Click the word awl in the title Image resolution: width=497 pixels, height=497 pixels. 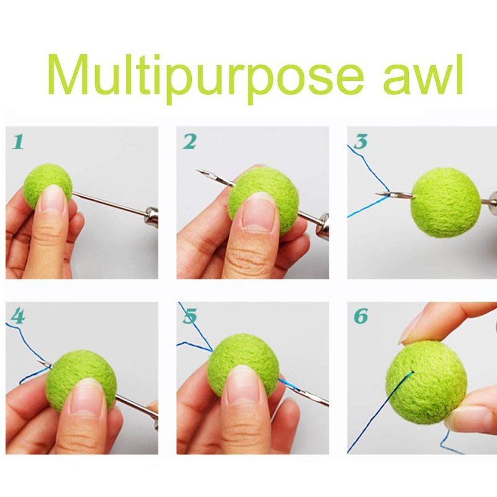pos(423,75)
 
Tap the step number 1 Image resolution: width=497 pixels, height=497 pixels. pos(18,142)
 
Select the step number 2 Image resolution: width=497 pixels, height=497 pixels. pos(189,142)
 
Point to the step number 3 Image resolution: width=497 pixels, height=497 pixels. pos(361,142)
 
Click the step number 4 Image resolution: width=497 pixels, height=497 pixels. pos(18,316)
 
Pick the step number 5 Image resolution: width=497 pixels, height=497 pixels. pos(189,316)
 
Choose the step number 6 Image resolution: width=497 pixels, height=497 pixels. pos(361,316)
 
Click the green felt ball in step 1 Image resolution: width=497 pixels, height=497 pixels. pos(48,186)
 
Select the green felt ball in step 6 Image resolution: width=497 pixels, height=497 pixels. pos(426,382)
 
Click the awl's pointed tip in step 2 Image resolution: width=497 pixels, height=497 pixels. pos(196,170)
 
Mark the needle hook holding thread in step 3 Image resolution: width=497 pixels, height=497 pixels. pos(385,194)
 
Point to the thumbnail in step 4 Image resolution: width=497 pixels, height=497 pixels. pos(86,397)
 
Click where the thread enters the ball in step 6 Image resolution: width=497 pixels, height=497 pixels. pos(413,372)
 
